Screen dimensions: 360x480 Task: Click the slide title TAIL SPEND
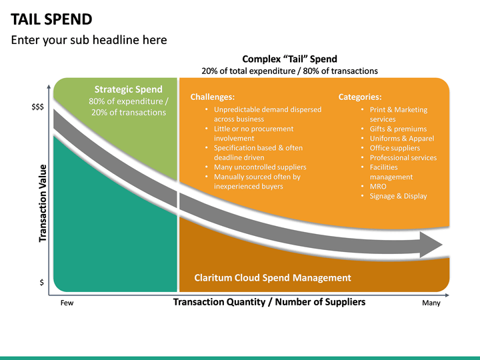[52, 19]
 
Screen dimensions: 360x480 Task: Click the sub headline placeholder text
[89, 40]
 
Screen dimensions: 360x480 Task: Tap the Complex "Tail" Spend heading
[289, 59]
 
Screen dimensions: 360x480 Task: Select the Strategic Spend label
[128, 89]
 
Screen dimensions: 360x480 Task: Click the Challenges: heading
[212, 97]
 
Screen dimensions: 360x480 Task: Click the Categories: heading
[360, 97]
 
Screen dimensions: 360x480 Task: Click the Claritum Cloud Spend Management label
[272, 277]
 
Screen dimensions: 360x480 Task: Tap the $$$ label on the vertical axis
[38, 107]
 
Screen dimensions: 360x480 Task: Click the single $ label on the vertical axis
[41, 283]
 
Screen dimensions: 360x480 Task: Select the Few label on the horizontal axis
[67, 303]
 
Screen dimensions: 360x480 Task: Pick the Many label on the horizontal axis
[431, 303]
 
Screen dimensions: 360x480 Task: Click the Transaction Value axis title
[43, 203]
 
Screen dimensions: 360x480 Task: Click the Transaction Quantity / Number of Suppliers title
[269, 302]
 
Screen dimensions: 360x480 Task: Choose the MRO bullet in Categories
[378, 187]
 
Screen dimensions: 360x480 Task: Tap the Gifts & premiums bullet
[398, 129]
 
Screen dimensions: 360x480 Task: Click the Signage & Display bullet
[398, 196]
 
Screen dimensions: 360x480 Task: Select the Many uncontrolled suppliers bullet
[260, 167]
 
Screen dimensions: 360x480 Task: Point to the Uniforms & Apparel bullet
[401, 139]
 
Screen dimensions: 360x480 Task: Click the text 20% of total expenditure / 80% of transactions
[289, 71]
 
